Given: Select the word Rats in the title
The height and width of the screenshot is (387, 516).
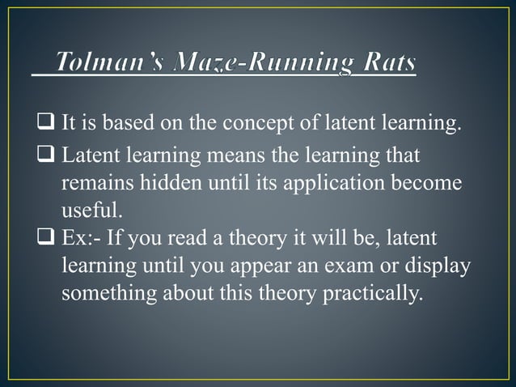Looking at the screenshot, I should [x=382, y=62].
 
